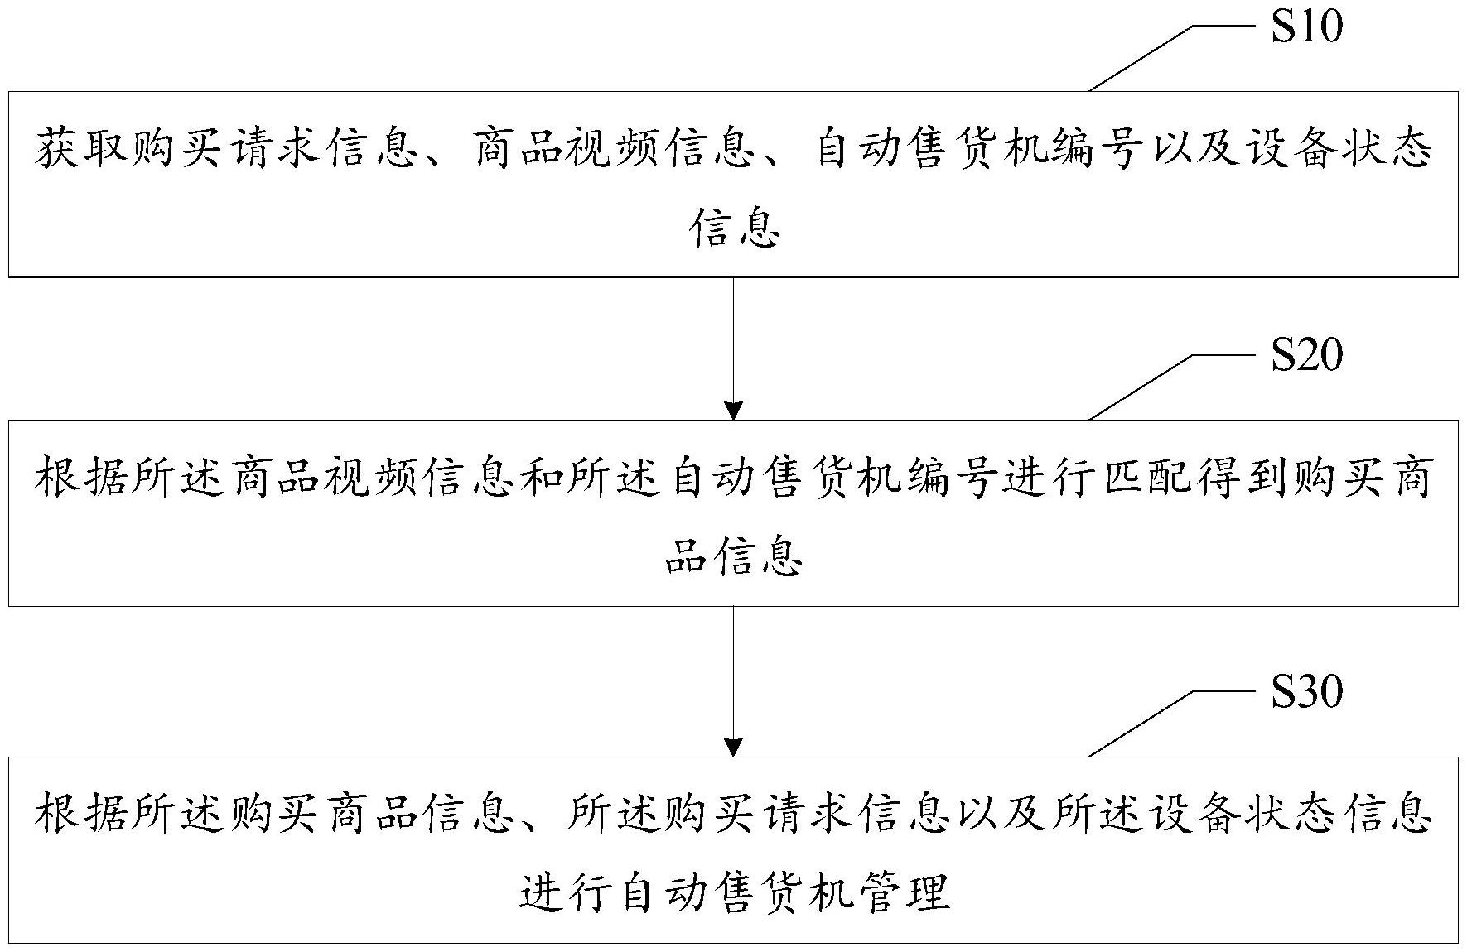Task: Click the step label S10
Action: point(1306,27)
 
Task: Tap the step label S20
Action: point(1306,355)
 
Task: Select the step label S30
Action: point(1306,691)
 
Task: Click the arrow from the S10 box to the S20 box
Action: point(733,348)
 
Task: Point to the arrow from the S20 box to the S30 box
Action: point(733,680)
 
